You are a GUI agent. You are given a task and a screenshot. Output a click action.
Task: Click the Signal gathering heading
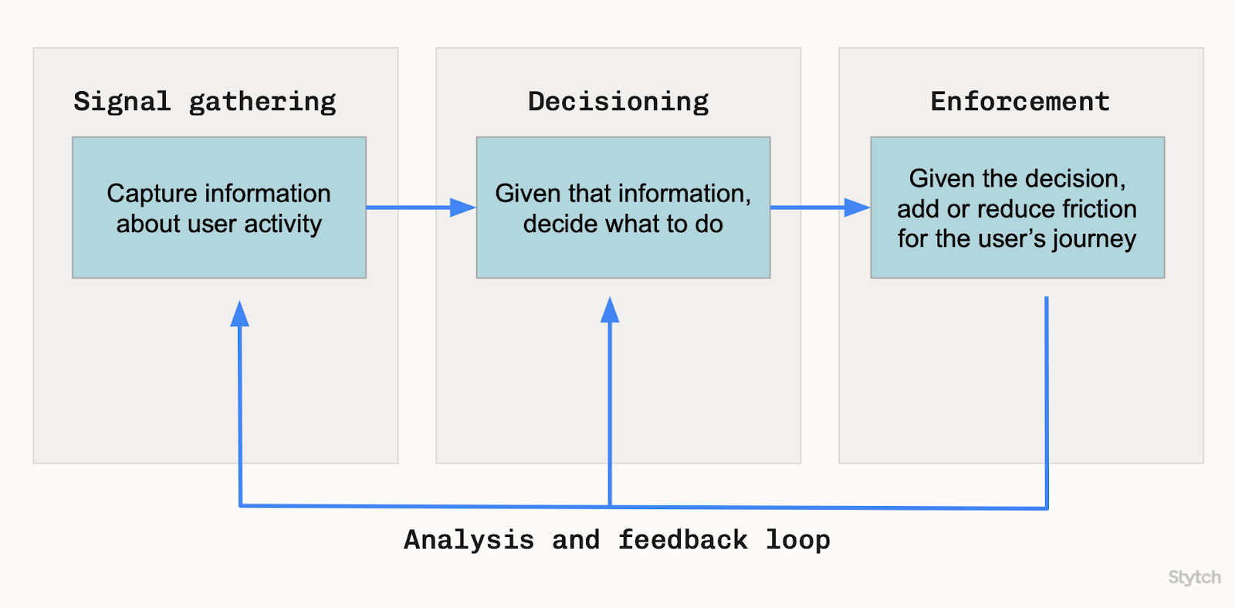tap(205, 102)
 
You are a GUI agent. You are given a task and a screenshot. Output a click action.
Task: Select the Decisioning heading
tap(617, 102)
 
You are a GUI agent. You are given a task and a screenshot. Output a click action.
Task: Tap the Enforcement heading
tap(1020, 102)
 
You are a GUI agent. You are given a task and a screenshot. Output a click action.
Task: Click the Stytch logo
tap(1194, 577)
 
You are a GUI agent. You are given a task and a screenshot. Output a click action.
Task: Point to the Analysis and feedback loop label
tap(617, 539)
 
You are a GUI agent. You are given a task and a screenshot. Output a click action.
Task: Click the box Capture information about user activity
tap(219, 208)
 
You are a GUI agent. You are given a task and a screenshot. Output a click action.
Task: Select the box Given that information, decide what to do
tap(623, 208)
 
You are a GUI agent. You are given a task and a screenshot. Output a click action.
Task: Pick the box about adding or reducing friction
tap(1017, 208)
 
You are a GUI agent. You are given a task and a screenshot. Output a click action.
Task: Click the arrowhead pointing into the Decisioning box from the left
tap(463, 208)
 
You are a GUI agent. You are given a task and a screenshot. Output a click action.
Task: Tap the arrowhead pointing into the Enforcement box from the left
tap(857, 208)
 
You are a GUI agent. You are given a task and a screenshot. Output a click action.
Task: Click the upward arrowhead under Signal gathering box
tap(240, 313)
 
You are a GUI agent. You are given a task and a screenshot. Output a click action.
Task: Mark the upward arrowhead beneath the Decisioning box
tap(610, 310)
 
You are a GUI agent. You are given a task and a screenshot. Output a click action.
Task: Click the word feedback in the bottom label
tap(682, 539)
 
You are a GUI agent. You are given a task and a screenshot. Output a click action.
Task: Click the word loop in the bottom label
tap(797, 539)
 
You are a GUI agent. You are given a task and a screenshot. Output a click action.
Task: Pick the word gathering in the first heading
tap(262, 102)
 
